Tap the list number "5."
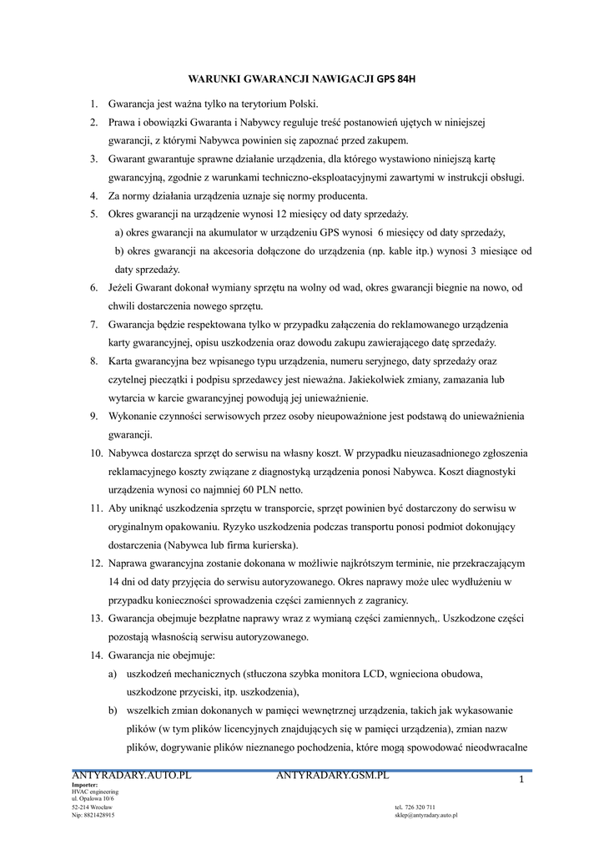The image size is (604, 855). coord(94,215)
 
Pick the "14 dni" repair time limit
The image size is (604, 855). coord(123,581)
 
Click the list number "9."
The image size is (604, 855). coord(94,416)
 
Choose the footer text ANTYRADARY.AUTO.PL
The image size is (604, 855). coord(132,776)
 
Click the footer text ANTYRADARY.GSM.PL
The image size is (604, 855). coord(332,776)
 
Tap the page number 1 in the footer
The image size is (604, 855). coord(521,780)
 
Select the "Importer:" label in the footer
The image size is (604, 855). coord(85,785)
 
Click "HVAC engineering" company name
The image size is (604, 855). coord(95,792)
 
